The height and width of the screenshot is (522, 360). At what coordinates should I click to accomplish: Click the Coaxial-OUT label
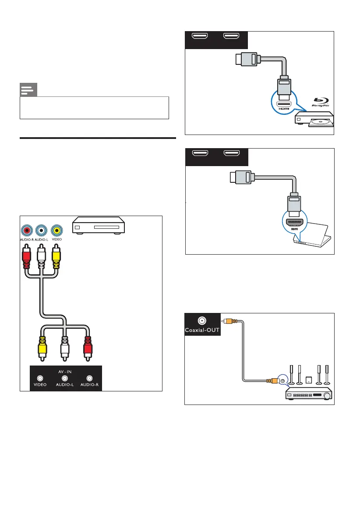click(x=202, y=330)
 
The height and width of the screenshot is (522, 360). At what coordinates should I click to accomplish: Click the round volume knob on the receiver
click(x=327, y=395)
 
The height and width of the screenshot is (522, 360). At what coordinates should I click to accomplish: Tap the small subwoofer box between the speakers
click(x=309, y=379)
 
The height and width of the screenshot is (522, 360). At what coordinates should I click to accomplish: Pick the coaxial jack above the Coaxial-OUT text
click(x=202, y=320)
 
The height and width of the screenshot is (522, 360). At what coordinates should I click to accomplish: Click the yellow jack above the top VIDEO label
click(x=56, y=230)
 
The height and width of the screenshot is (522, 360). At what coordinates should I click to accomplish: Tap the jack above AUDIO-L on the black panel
click(x=65, y=378)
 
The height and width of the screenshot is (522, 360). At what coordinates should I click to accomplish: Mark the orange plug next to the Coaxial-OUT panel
click(x=228, y=320)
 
